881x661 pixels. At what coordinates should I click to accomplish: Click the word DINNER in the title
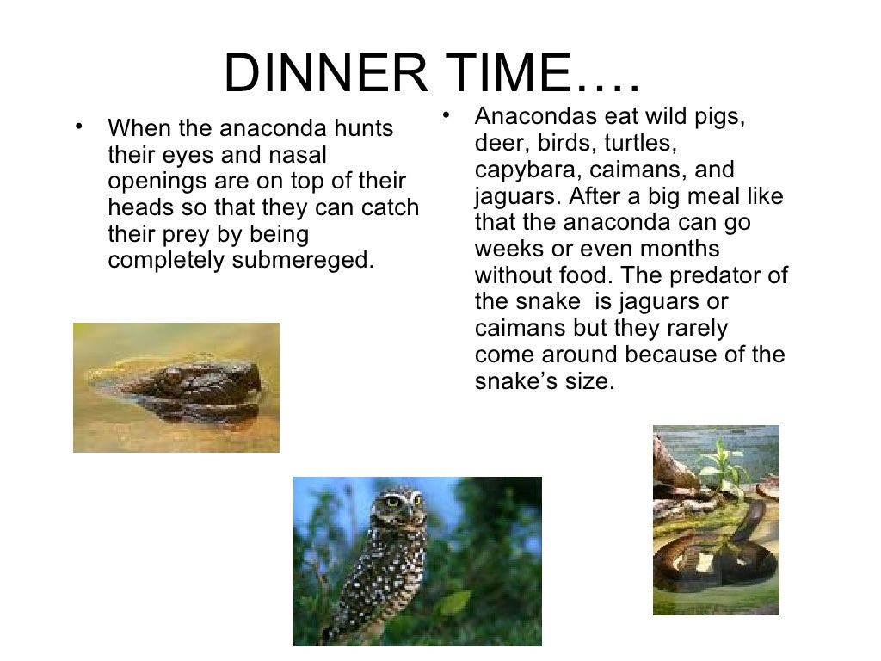click(x=324, y=75)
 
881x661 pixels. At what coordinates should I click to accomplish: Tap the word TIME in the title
click(x=496, y=75)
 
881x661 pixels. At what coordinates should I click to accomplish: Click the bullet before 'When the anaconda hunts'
click(x=80, y=127)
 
